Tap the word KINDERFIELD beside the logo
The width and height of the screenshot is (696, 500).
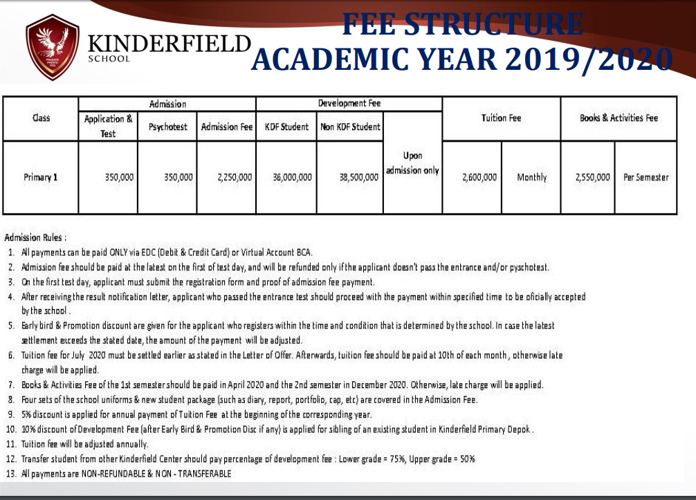(168, 42)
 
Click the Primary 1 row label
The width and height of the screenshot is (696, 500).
(40, 177)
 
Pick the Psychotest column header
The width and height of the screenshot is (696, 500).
(167, 127)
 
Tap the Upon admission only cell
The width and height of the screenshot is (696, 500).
(412, 163)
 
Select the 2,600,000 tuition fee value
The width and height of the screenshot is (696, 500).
(479, 177)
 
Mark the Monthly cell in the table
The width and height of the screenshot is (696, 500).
(531, 177)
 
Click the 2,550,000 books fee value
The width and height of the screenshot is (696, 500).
(592, 177)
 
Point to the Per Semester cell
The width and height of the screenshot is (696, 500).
(645, 177)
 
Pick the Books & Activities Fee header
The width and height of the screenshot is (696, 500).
(619, 118)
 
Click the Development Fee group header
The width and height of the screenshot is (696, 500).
(349, 103)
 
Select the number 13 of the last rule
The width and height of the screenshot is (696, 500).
(11, 474)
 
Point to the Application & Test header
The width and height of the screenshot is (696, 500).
(108, 126)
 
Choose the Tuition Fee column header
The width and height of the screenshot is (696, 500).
(501, 118)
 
